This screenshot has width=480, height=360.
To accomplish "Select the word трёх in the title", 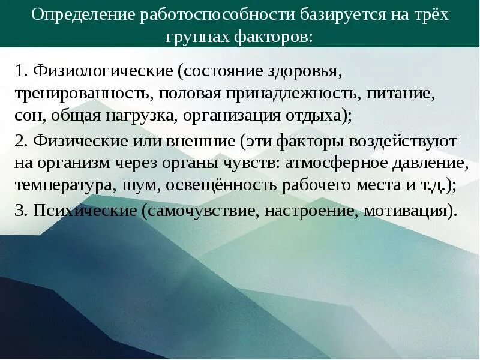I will tap(427, 14).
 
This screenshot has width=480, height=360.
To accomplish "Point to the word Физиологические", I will tap(103, 72).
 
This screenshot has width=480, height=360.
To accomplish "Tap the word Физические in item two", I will tap(77, 142).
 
